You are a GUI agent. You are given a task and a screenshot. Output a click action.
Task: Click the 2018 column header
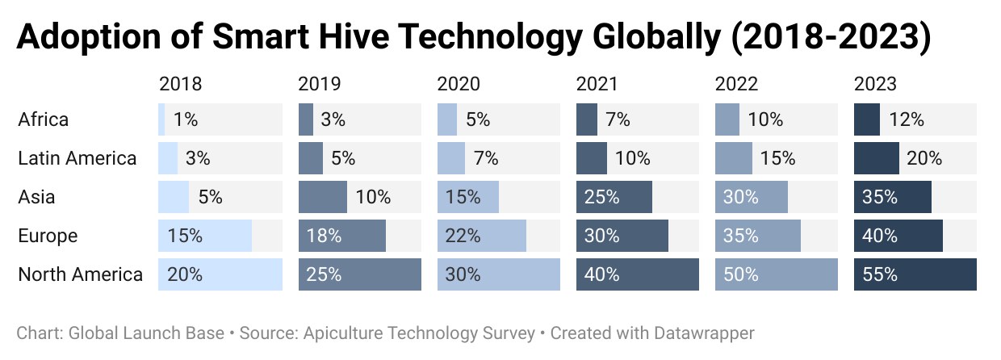181,84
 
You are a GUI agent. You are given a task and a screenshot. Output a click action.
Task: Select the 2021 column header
597,84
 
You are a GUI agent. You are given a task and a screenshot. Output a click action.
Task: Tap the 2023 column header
875,84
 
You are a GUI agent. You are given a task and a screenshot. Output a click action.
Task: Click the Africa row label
44,119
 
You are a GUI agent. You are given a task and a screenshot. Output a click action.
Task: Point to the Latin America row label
77,158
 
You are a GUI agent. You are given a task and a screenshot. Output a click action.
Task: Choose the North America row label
81,274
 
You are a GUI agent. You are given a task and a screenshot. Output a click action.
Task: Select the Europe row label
48,236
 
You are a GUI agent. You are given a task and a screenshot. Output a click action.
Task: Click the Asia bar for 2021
614,197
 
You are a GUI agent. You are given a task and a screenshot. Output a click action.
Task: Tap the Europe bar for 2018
205,236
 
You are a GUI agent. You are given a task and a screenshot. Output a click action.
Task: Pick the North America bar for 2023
915,274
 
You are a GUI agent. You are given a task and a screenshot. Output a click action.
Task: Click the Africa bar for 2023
867,119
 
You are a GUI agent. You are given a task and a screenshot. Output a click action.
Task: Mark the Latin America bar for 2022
734,158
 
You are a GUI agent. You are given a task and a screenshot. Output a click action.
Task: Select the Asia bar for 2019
323,197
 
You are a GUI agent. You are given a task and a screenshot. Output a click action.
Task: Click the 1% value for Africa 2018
186,119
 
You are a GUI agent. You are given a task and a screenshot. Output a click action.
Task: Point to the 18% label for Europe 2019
324,236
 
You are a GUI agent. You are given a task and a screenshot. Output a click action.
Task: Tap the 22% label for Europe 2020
463,236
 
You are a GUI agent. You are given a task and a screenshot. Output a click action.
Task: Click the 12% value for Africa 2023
907,119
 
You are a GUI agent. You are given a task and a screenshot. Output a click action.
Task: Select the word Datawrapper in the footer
704,333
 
